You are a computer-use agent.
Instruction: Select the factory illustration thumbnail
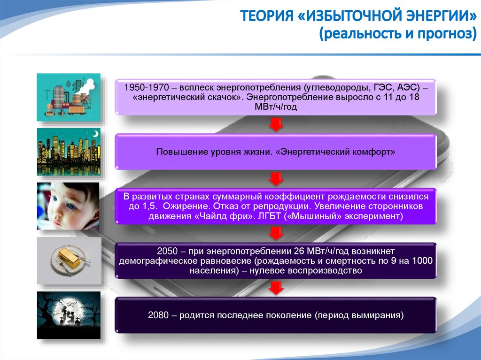(69, 97)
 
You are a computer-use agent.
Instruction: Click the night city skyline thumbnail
(69, 152)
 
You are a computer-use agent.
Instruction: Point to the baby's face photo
(69, 206)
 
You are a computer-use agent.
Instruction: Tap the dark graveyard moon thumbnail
(69, 315)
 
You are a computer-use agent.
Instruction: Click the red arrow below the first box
(275, 124)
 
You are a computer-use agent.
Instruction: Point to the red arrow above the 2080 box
(275, 288)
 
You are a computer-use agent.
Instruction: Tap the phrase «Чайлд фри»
(227, 216)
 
